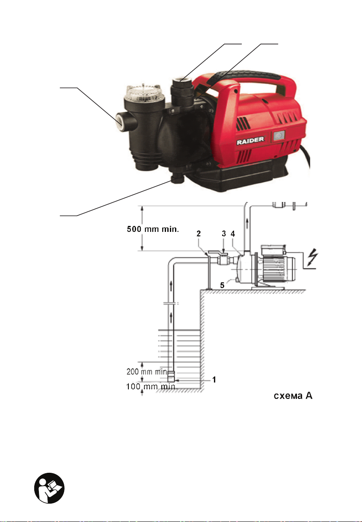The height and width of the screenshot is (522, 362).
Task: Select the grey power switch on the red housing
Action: point(279,136)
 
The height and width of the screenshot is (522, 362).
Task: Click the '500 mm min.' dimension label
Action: point(153,229)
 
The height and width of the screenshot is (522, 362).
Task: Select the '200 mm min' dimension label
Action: point(147,371)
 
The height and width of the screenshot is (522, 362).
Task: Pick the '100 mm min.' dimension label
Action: point(152,387)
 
